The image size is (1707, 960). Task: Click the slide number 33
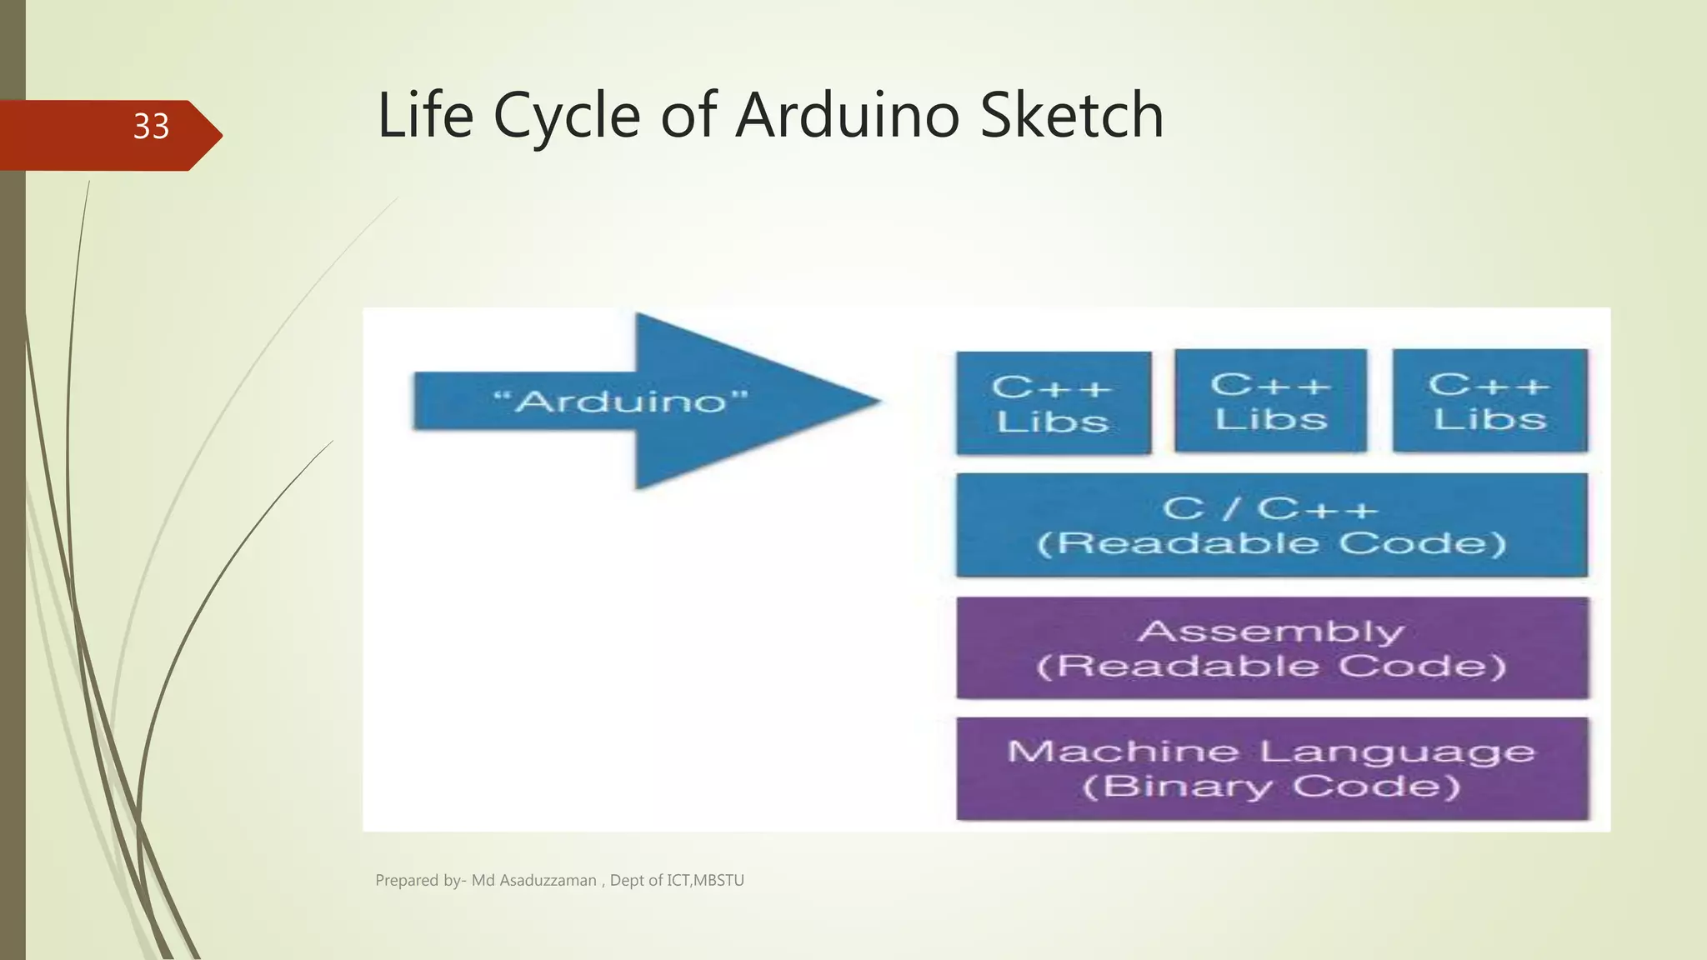[151, 127]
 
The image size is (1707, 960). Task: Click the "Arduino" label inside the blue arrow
[621, 402]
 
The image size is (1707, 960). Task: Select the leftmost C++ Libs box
[1053, 403]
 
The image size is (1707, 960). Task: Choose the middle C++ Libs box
[1270, 401]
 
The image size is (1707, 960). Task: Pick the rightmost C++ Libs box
[1489, 401]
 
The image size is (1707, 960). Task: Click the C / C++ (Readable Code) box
[1271, 525]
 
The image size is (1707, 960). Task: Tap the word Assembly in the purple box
[1271, 631]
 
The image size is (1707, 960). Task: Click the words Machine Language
[1271, 752]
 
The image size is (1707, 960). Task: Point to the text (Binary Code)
[1271, 787]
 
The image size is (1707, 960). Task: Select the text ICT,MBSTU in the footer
[705, 881]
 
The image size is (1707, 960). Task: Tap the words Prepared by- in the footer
[420, 881]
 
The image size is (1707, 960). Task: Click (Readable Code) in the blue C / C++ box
[1271, 543]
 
